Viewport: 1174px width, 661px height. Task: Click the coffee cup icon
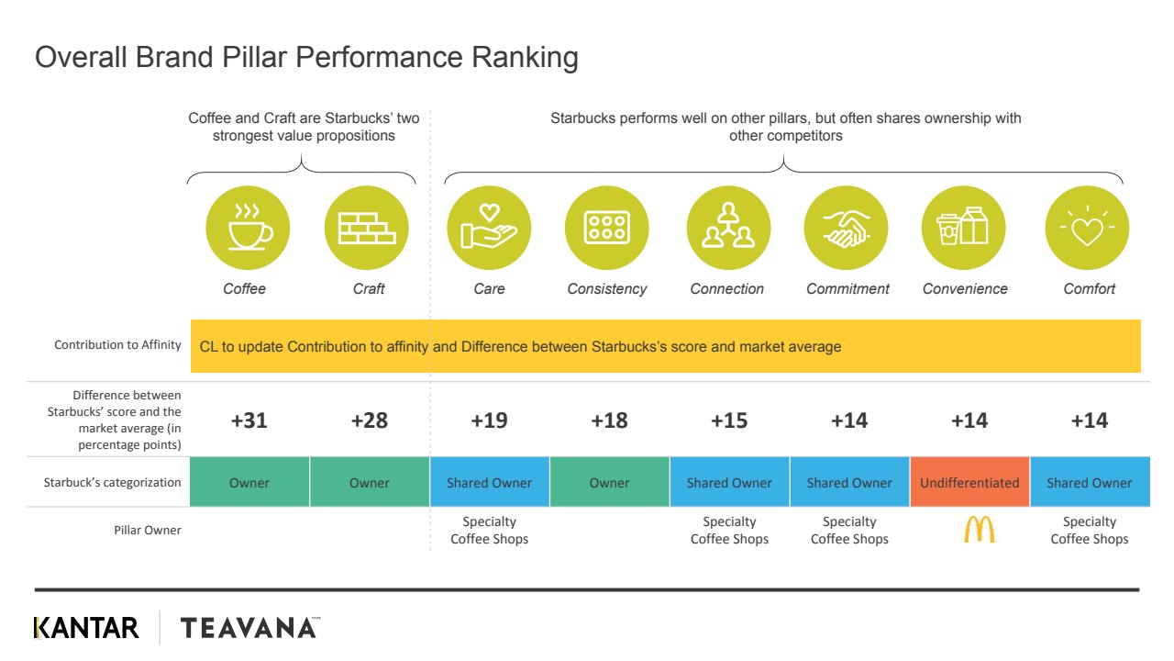click(x=248, y=228)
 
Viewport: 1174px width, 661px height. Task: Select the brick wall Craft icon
click(x=367, y=228)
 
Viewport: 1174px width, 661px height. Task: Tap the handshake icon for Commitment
click(x=847, y=228)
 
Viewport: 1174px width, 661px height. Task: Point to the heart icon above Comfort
click(x=1087, y=228)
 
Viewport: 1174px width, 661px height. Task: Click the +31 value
click(x=249, y=420)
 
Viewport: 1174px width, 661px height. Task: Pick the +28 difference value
click(x=370, y=420)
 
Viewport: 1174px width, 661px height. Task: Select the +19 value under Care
click(x=490, y=420)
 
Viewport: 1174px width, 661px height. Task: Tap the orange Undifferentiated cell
click(x=969, y=483)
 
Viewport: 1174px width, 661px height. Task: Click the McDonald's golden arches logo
click(x=980, y=529)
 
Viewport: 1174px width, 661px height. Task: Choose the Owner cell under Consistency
click(x=610, y=483)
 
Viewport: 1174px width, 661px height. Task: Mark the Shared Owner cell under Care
click(x=490, y=483)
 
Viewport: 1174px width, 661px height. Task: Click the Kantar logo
click(x=86, y=628)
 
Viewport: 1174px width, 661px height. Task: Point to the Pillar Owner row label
click(x=148, y=530)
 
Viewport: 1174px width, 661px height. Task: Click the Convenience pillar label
click(x=965, y=289)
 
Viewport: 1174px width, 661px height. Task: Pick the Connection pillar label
click(x=727, y=289)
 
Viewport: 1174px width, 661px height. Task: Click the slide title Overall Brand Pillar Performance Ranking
click(x=306, y=58)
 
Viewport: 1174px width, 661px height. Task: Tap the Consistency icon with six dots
click(x=607, y=228)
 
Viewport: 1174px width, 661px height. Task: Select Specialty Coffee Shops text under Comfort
click(x=1090, y=531)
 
